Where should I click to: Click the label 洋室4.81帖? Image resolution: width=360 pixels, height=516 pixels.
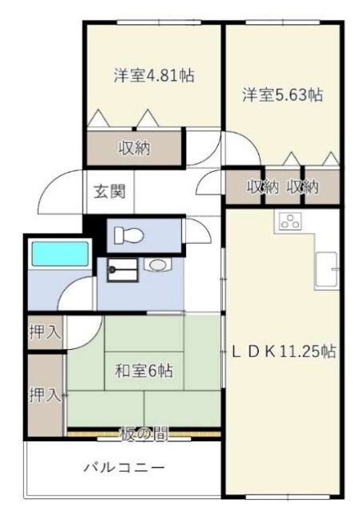tap(152, 76)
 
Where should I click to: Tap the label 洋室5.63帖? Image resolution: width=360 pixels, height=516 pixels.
tap(283, 95)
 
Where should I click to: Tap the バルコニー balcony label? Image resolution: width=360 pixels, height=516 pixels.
tap(124, 468)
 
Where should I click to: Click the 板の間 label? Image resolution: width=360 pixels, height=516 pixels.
tap(145, 435)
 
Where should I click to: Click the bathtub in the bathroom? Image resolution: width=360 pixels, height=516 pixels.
tap(59, 255)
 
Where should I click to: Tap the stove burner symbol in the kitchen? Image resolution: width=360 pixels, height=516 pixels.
tap(289, 222)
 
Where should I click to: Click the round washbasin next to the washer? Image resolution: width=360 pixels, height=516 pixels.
tap(156, 265)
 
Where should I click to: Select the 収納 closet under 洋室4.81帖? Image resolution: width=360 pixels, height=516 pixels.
tap(136, 148)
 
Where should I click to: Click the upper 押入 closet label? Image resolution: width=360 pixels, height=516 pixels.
tap(45, 332)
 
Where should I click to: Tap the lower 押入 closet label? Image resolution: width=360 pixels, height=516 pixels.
tap(45, 394)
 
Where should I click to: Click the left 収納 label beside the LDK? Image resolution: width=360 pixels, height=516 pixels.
tap(262, 188)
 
